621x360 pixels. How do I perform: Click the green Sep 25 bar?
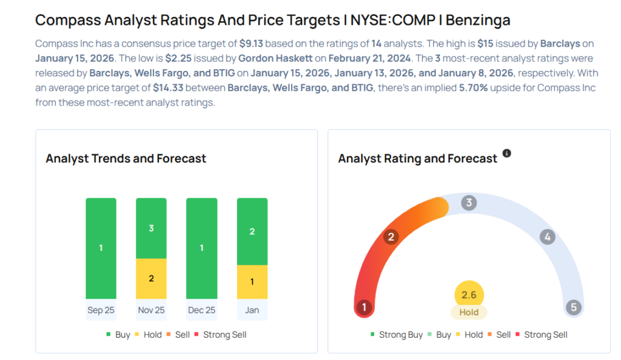(x=101, y=248)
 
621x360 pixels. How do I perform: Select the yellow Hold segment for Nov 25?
(x=151, y=279)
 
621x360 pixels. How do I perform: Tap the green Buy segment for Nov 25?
(x=151, y=228)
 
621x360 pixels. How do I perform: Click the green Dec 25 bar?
(x=201, y=248)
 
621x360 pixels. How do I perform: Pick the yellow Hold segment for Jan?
(x=252, y=282)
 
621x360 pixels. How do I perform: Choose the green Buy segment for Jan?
(x=252, y=232)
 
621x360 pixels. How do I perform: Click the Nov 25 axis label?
(x=151, y=310)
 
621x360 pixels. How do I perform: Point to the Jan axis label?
(x=252, y=310)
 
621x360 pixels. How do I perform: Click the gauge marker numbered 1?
(x=364, y=307)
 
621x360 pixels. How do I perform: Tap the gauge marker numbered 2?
(x=391, y=237)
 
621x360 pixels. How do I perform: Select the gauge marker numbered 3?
(x=468, y=202)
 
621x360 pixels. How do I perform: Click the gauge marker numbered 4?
(x=547, y=237)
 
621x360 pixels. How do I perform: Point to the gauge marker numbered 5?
(x=573, y=307)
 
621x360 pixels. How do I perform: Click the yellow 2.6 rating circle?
(x=469, y=295)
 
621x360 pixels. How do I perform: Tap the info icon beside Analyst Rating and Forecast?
(x=506, y=153)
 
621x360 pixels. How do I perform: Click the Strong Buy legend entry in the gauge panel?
(x=397, y=335)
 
